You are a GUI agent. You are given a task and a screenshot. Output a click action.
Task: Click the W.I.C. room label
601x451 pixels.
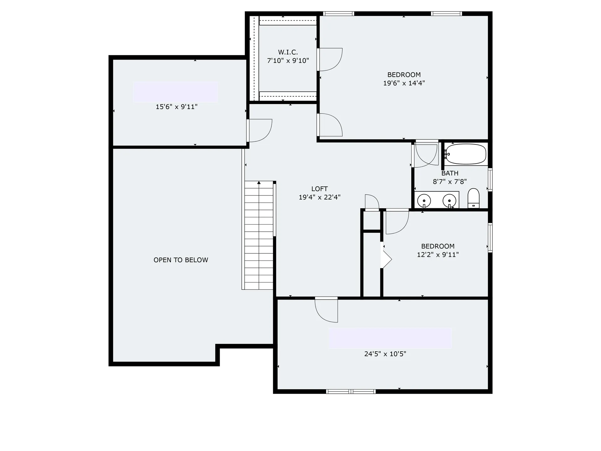click(288, 52)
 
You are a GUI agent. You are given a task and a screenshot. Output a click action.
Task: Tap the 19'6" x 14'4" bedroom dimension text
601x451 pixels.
click(404, 83)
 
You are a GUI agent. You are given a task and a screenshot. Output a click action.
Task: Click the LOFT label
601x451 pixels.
click(319, 189)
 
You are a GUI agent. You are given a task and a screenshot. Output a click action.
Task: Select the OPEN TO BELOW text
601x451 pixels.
click(181, 260)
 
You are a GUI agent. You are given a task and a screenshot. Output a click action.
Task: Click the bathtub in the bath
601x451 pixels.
click(465, 154)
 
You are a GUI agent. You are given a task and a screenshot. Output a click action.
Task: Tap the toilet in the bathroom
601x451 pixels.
click(473, 198)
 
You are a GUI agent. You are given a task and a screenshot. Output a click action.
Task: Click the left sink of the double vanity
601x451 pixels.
click(424, 200)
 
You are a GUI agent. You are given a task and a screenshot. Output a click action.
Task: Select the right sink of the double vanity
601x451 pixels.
click(449, 200)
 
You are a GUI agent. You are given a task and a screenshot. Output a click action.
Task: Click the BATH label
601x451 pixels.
click(450, 173)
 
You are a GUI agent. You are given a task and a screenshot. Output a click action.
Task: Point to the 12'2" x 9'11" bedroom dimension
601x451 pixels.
click(438, 255)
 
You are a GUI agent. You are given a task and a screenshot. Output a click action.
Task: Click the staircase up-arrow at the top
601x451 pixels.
click(259, 183)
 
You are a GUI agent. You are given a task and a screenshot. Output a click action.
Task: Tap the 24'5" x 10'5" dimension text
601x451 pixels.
click(385, 354)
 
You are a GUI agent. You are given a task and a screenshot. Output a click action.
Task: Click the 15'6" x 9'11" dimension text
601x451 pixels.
click(177, 107)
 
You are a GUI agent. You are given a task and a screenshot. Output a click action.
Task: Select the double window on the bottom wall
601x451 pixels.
click(351, 391)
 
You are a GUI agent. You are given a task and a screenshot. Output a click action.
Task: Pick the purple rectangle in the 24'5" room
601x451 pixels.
click(390, 338)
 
